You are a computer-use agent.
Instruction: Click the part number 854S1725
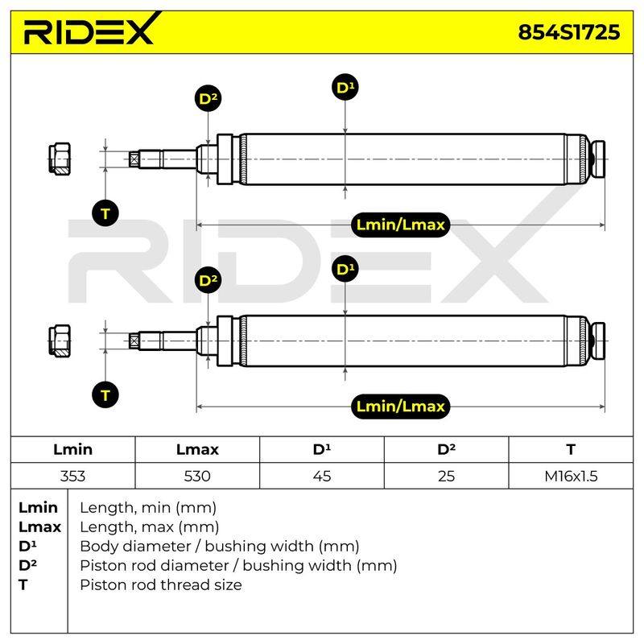click(569, 32)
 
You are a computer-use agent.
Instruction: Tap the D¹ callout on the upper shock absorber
click(345, 87)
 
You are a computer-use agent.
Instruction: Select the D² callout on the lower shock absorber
click(208, 280)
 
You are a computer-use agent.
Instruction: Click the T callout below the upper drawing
click(105, 213)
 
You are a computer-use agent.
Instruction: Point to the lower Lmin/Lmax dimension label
click(400, 407)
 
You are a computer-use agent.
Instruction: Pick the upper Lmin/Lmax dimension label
click(400, 225)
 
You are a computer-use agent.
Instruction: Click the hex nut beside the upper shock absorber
click(60, 159)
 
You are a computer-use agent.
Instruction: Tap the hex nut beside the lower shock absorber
click(60, 341)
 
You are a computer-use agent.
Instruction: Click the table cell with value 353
click(72, 476)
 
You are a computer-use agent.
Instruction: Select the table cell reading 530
click(197, 476)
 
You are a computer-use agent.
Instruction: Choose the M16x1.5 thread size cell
click(571, 476)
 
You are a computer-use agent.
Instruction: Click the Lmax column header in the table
click(197, 449)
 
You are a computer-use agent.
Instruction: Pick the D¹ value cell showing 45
click(321, 476)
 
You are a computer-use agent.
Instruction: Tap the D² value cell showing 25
click(447, 476)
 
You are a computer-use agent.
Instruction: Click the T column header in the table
click(571, 449)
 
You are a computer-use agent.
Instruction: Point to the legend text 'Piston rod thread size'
click(161, 585)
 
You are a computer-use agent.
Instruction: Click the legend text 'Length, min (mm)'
click(148, 508)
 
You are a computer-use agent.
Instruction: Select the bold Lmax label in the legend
click(39, 527)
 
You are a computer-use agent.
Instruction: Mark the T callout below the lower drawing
click(105, 395)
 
